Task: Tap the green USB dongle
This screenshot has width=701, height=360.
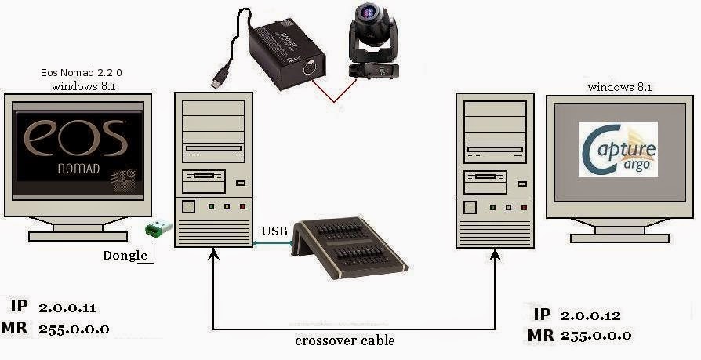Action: [x=158, y=229]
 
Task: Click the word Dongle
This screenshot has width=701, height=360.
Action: [x=125, y=255]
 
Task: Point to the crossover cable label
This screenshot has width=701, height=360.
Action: [x=344, y=340]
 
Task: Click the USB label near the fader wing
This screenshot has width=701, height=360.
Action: [x=274, y=231]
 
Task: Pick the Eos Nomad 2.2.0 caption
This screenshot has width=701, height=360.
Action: [x=82, y=72]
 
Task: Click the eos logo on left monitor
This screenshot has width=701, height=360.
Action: [x=74, y=138]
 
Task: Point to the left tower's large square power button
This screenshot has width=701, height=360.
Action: [x=188, y=208]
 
